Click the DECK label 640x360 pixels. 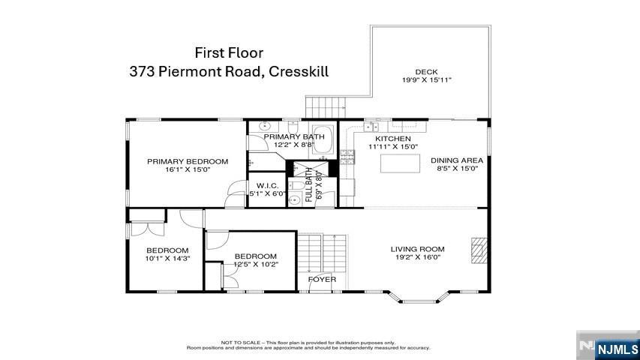pyautogui.click(x=427, y=72)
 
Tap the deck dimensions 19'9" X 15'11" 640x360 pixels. pyautogui.click(x=427, y=79)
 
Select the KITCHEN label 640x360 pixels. pyautogui.click(x=392, y=139)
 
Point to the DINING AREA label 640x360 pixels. pyautogui.click(x=456, y=160)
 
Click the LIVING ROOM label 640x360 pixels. pyautogui.click(x=417, y=249)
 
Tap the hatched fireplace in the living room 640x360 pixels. pyautogui.click(x=478, y=247)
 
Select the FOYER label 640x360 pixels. pyautogui.click(x=323, y=280)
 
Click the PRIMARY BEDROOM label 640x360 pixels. pyautogui.click(x=188, y=161)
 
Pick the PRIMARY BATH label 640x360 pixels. pyautogui.click(x=294, y=136)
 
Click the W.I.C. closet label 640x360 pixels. pyautogui.click(x=268, y=185)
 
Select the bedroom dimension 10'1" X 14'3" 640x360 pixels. pyautogui.click(x=167, y=258)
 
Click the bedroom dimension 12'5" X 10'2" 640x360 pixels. pyautogui.click(x=255, y=264)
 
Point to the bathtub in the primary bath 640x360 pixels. pyautogui.click(x=324, y=141)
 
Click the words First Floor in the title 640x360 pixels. pyautogui.click(x=229, y=52)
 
